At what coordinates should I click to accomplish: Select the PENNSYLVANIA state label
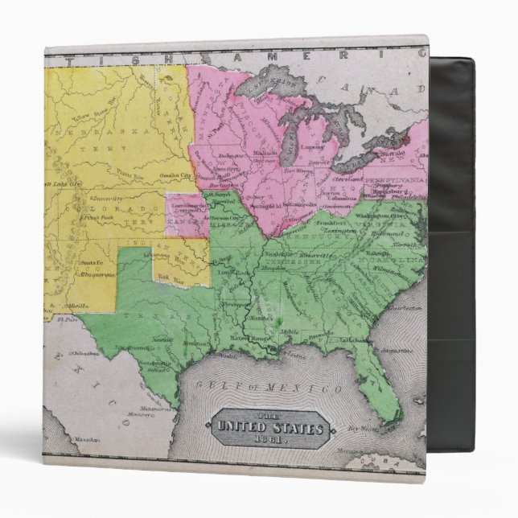(x=394, y=179)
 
